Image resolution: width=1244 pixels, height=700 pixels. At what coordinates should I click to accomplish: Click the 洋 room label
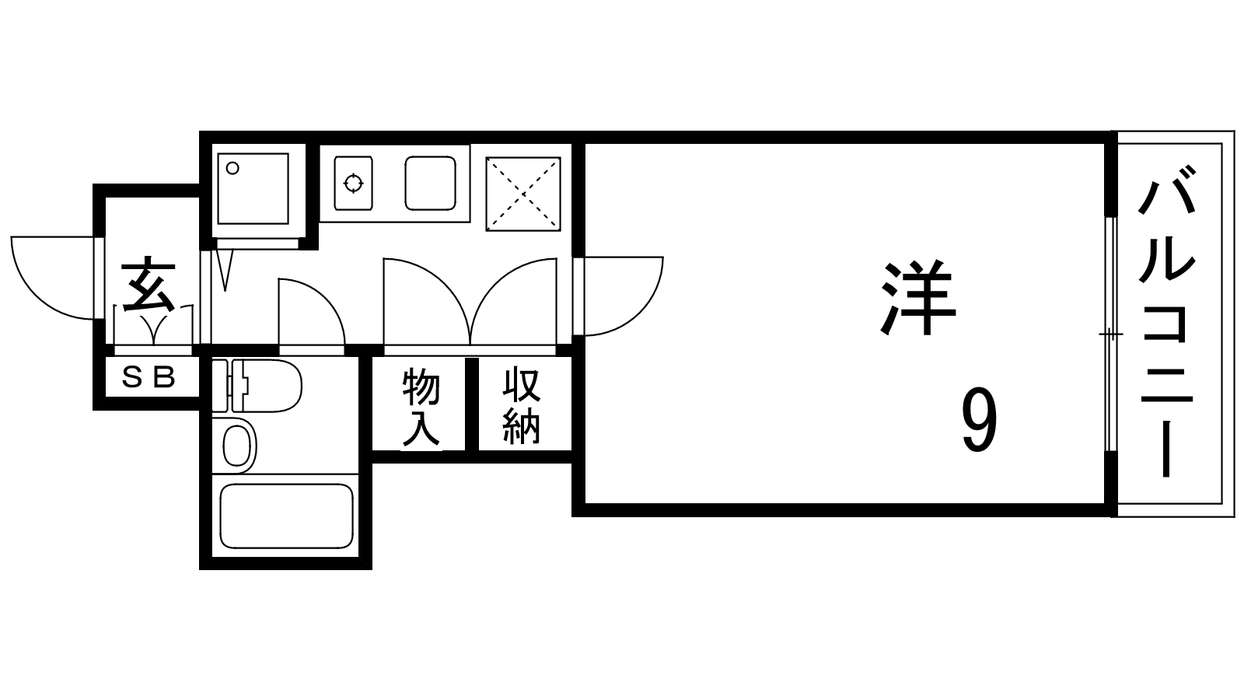918,297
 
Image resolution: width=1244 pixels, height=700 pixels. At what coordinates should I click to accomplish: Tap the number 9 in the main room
980,420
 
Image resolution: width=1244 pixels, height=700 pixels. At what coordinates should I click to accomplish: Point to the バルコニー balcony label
1165,321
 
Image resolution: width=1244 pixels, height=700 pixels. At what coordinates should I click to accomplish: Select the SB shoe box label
149,377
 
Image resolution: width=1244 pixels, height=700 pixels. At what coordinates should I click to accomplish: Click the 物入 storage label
421,407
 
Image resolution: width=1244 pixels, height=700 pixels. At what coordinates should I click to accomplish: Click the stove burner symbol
353,183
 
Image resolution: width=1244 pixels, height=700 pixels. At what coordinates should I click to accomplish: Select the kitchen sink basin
431,184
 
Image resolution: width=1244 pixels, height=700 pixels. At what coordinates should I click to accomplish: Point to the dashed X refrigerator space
523,194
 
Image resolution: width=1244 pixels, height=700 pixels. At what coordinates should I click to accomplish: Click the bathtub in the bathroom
287,516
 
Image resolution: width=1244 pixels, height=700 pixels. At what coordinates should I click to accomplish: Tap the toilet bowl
267,386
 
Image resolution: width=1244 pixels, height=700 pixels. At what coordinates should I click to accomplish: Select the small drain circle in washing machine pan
232,168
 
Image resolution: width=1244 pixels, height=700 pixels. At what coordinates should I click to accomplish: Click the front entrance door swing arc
54,278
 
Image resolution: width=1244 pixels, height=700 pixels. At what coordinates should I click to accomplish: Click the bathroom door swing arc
312,312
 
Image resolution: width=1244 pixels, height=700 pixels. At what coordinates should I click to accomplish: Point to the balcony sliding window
1110,334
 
